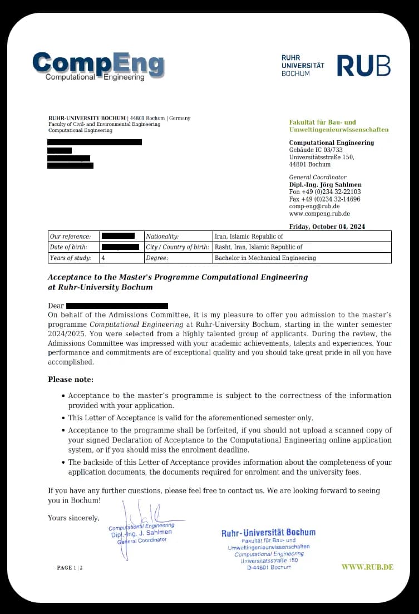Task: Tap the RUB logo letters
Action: click(x=363, y=66)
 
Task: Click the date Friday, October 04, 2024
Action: click(x=327, y=227)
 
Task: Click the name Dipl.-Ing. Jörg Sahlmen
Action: click(x=325, y=185)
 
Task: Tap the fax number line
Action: click(x=324, y=199)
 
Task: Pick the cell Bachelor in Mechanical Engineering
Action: click(x=265, y=258)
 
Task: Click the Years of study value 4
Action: click(x=103, y=258)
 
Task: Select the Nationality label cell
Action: click(x=162, y=237)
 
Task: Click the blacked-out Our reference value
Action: click(x=118, y=237)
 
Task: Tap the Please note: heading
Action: click(x=71, y=379)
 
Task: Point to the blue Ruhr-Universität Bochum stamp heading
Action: click(x=268, y=533)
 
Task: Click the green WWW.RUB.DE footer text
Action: click(x=367, y=567)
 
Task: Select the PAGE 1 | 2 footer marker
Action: click(x=70, y=568)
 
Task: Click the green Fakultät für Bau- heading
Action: click(x=322, y=122)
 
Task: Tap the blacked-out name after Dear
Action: click(x=117, y=306)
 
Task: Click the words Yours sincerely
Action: click(x=73, y=518)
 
